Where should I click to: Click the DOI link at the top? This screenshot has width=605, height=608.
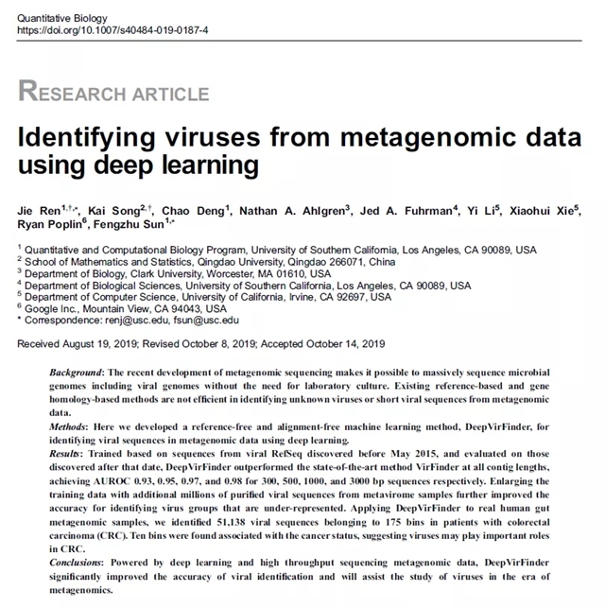click(107, 31)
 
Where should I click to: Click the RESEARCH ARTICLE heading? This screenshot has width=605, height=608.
click(113, 92)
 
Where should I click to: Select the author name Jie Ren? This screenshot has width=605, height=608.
click(40, 209)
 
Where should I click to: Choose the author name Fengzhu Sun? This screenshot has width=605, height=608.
click(132, 224)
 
